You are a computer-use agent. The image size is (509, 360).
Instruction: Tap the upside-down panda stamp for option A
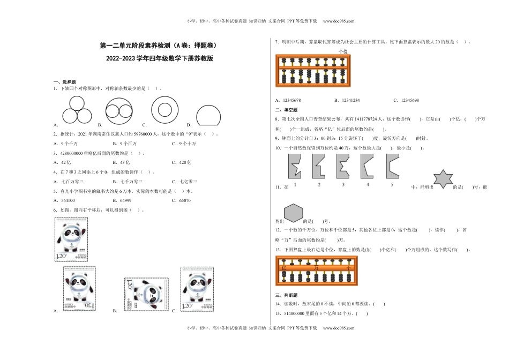pyautogui.click(x=79, y=289)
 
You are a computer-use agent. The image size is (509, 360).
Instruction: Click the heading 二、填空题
pyautogui.click(x=282, y=109)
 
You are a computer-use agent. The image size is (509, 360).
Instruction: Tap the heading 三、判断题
pyautogui.click(x=282, y=295)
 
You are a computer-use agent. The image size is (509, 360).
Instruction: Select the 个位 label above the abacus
pyautogui.click(x=343, y=51)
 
